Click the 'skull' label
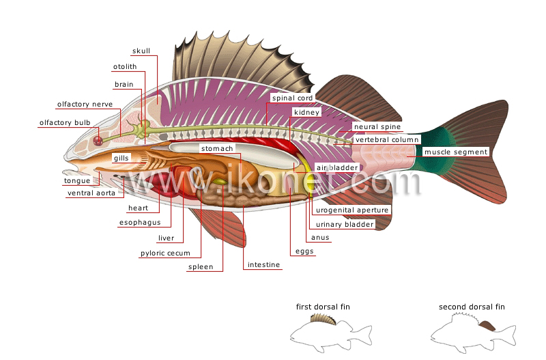pyautogui.click(x=141, y=51)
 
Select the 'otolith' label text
pyautogui.click(x=125, y=66)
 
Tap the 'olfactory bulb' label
pyautogui.click(x=65, y=123)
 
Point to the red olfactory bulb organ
pyautogui.click(x=98, y=141)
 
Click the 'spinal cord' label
pyautogui.click(x=293, y=98)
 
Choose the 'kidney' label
pyautogui.click(x=306, y=112)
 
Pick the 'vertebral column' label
pyautogui.click(x=387, y=140)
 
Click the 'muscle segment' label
pyautogui.click(x=456, y=152)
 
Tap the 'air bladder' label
pyautogui.click(x=337, y=167)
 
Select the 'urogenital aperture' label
pyautogui.click(x=352, y=210)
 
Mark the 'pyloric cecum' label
pyautogui.click(x=165, y=253)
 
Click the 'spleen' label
pyautogui.click(x=201, y=267)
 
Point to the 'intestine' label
pyautogui.click(x=263, y=265)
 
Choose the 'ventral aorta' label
pyautogui.click(x=91, y=193)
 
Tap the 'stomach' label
pyautogui.click(x=217, y=148)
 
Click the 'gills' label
pyautogui.click(x=121, y=158)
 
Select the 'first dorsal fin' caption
pyautogui.click(x=323, y=307)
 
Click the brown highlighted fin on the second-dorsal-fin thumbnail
pyautogui.click(x=487, y=326)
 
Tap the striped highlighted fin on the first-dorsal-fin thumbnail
pyautogui.click(x=323, y=319)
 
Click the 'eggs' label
pyautogui.click(x=304, y=251)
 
